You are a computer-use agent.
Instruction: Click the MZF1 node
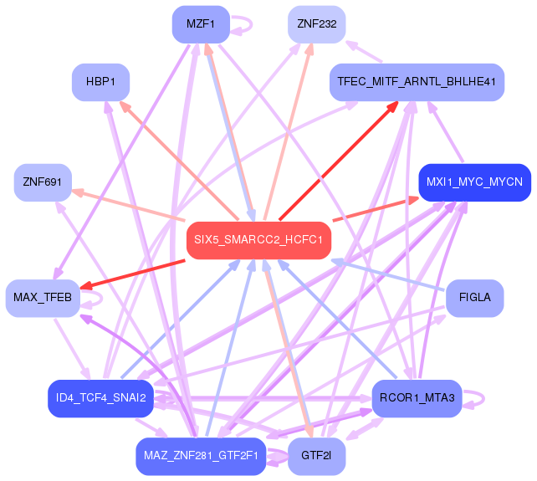(201, 24)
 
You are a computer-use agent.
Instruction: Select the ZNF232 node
(316, 24)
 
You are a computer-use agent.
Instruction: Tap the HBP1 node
(100, 82)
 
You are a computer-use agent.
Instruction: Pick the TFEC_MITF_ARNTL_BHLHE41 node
(416, 82)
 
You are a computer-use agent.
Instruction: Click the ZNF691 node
(43, 182)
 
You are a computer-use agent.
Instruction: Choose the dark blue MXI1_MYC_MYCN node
(474, 182)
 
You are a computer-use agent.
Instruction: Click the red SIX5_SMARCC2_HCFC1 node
(258, 240)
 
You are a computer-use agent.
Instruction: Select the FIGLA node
(474, 298)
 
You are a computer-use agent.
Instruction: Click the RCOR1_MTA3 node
(416, 397)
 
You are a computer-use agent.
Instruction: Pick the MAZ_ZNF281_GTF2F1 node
(201, 456)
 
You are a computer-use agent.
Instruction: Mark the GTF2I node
(316, 456)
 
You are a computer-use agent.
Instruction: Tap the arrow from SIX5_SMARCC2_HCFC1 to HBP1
(176, 159)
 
